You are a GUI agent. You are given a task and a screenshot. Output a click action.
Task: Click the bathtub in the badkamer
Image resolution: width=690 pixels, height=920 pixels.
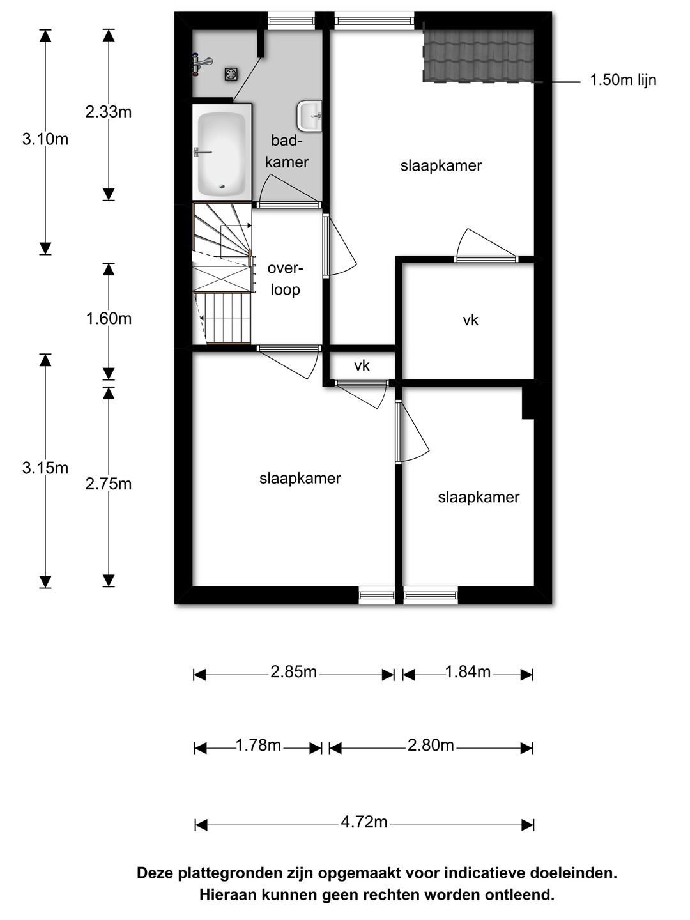[222, 152]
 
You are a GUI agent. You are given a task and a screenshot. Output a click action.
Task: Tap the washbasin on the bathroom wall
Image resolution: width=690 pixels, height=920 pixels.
[310, 116]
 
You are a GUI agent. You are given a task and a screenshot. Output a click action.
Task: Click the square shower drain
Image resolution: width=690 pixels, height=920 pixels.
[231, 73]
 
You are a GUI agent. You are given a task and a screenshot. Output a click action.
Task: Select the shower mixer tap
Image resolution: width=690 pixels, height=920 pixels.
[201, 64]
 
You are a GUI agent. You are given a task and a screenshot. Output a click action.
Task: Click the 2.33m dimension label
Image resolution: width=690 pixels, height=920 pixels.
[109, 112]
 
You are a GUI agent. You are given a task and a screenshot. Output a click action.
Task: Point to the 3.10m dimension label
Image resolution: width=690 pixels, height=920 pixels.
[45, 139]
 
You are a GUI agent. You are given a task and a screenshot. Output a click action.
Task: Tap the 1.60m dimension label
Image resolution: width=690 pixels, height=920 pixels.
[109, 319]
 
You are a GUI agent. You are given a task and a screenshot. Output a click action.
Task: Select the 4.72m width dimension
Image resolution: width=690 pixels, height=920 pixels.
[364, 822]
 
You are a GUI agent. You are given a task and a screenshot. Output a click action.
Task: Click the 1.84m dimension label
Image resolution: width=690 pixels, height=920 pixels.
[468, 672]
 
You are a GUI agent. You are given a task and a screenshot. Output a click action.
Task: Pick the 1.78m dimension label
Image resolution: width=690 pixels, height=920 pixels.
[258, 745]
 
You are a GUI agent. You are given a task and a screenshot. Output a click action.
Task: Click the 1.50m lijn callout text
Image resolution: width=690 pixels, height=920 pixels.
[623, 80]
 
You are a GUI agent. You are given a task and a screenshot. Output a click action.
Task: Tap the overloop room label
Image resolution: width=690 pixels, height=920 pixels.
[286, 279]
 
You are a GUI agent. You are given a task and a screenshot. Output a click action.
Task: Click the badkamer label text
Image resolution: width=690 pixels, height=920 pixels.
[287, 151]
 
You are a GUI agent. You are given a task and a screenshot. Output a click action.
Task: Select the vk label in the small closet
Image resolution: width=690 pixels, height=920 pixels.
[362, 366]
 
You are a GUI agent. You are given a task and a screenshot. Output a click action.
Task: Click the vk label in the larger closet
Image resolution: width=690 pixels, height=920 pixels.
[470, 320]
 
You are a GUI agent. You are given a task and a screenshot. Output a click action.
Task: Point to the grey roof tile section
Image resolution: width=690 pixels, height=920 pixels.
[479, 56]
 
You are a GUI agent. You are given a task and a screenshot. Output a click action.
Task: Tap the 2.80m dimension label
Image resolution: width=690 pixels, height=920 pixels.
[431, 745]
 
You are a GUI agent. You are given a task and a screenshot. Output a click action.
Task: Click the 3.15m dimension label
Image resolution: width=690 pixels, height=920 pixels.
[45, 468]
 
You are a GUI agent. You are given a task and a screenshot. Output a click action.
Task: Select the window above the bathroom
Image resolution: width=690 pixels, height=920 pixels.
[291, 20]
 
